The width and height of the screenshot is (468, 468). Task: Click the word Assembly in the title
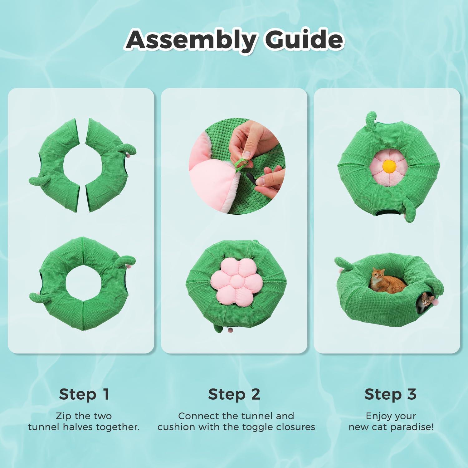coord(191,40)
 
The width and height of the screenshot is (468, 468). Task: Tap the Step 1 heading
coord(84,394)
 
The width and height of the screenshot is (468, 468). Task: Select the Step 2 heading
coord(234,394)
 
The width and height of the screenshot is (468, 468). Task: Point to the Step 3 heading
coord(390,394)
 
